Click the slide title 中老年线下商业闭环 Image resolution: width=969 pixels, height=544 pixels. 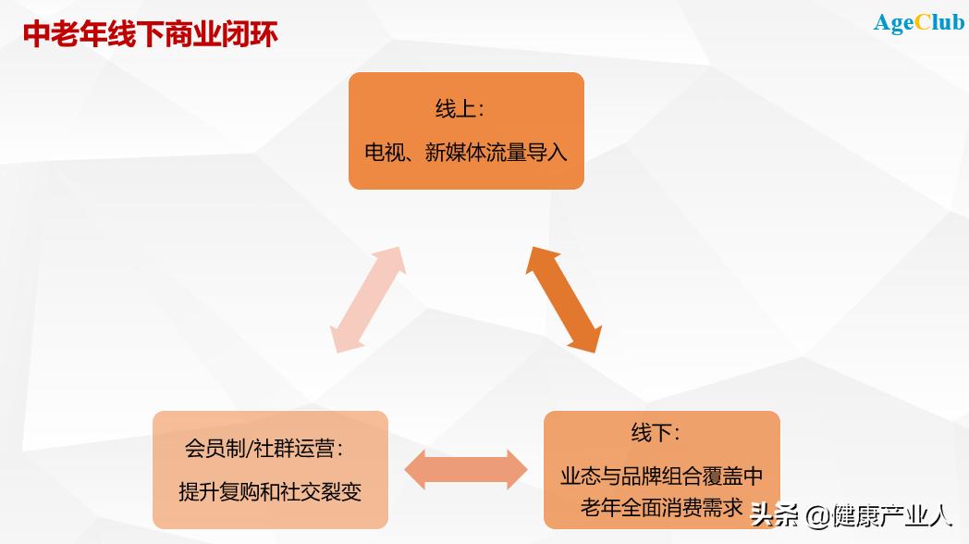pyautogui.click(x=150, y=34)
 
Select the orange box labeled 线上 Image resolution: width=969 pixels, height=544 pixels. pyautogui.click(x=466, y=130)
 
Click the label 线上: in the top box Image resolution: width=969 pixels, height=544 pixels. pyautogui.click(x=460, y=109)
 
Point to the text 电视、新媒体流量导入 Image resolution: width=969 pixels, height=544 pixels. pyautogui.click(x=466, y=153)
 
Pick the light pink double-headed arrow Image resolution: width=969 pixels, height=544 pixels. pyautogui.click(x=368, y=299)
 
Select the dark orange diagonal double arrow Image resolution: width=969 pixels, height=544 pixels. pyautogui.click(x=563, y=299)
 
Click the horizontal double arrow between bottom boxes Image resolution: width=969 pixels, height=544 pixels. pyautogui.click(x=465, y=470)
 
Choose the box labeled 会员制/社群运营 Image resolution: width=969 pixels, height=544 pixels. pyautogui.click(x=270, y=470)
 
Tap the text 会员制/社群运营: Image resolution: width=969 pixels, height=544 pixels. pyautogui.click(x=264, y=450)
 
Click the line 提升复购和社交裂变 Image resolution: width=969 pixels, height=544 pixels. pyautogui.click(x=270, y=491)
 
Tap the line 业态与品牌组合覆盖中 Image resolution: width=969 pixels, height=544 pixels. pyautogui.click(x=662, y=476)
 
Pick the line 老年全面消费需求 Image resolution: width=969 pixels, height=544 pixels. pyautogui.click(x=662, y=507)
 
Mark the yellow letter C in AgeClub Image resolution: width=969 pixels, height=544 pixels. pyautogui.click(x=922, y=23)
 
